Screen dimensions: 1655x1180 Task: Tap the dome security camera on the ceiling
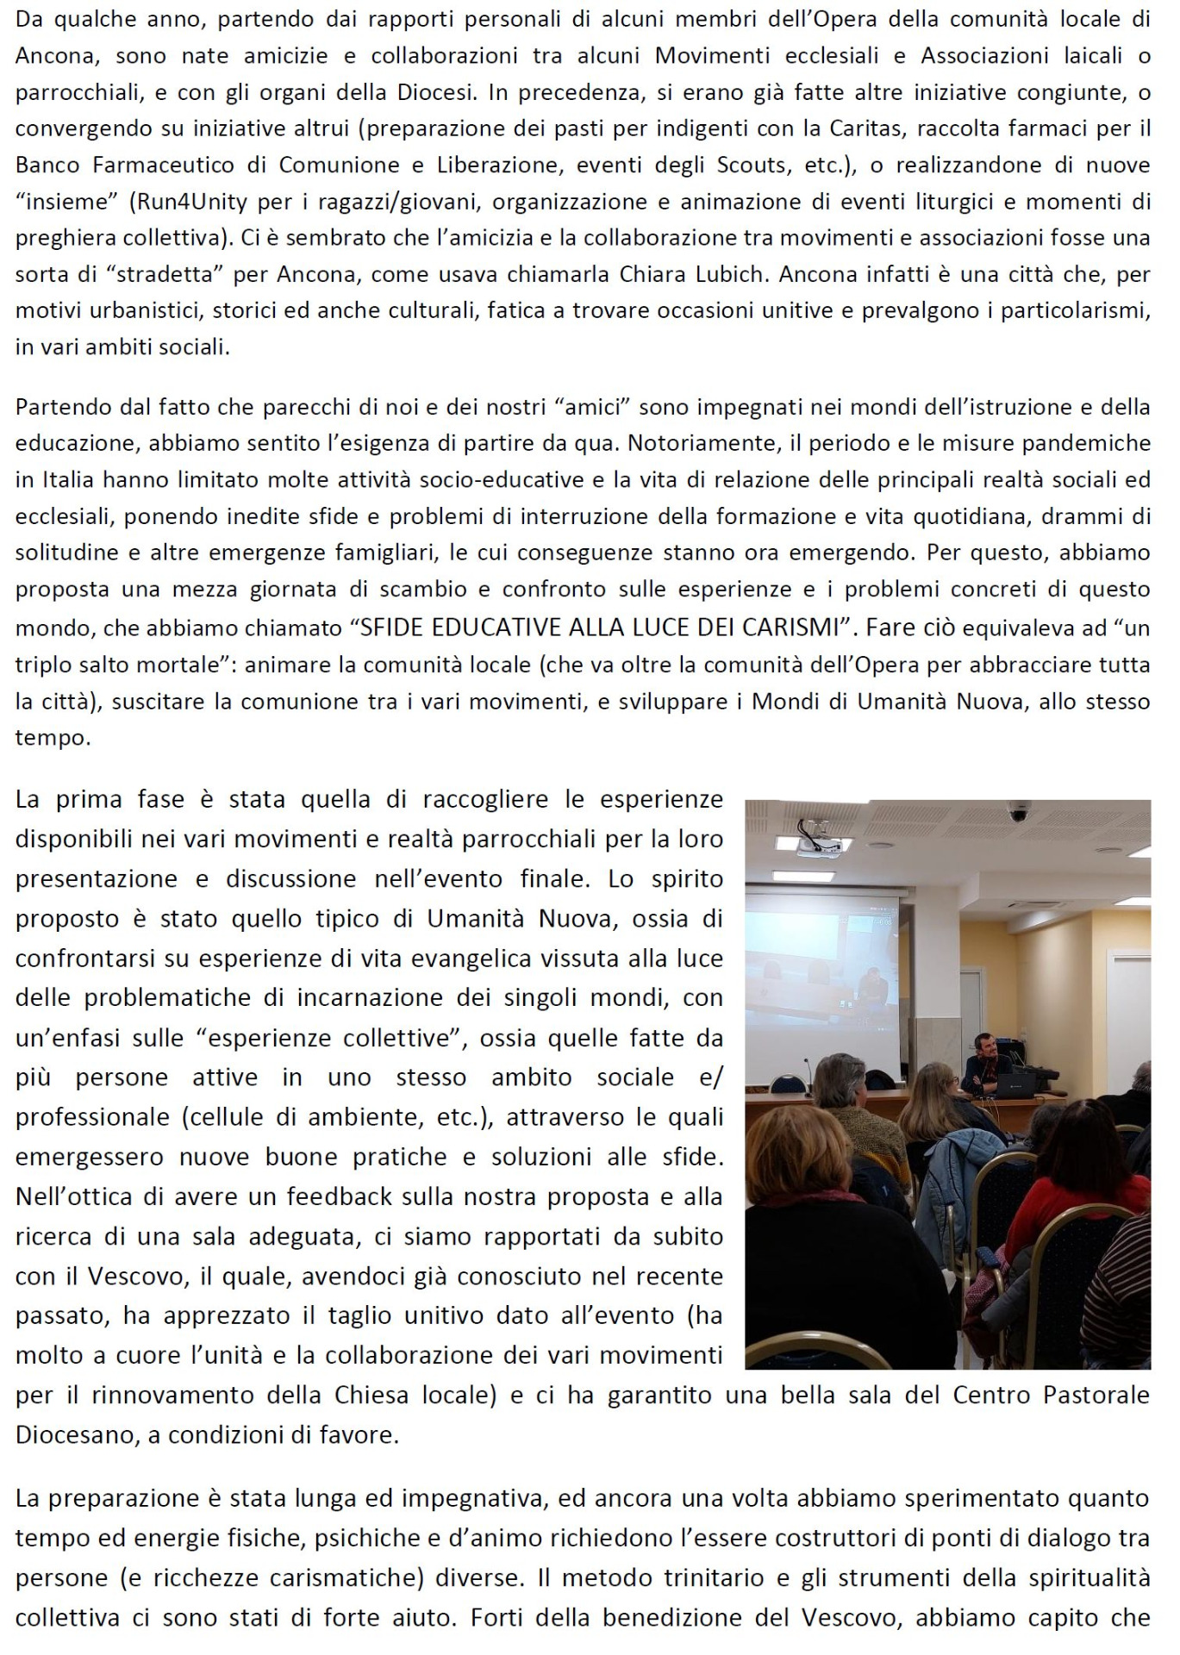pos(1020,812)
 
